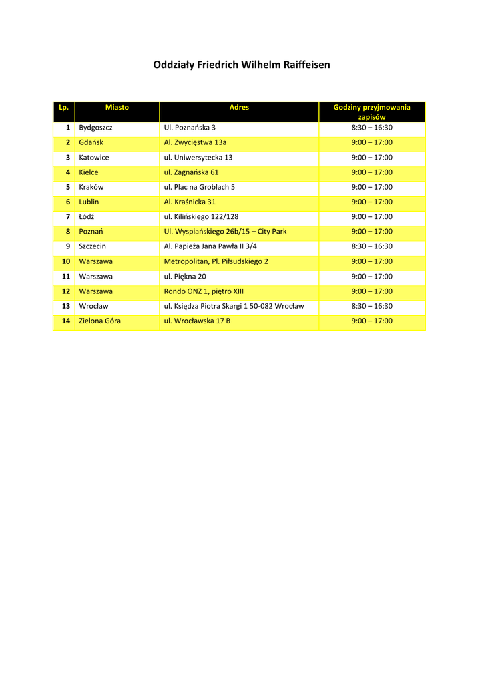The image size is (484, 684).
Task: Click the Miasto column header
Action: click(x=117, y=107)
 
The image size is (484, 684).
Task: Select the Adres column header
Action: click(x=239, y=107)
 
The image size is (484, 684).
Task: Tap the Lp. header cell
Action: click(x=64, y=107)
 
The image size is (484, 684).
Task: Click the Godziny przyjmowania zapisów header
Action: click(x=372, y=112)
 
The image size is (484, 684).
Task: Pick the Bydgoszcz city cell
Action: click(x=95, y=128)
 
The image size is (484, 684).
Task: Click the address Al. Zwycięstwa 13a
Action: click(x=195, y=142)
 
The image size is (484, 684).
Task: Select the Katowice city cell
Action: click(x=94, y=158)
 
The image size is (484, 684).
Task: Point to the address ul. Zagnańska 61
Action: click(x=191, y=172)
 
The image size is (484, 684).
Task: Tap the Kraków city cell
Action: click(x=91, y=187)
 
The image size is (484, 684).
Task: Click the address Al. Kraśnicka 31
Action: click(x=190, y=202)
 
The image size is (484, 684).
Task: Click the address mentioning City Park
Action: click(x=225, y=231)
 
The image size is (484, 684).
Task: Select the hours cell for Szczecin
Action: click(x=372, y=246)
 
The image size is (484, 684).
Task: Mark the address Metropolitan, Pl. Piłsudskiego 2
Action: click(x=216, y=261)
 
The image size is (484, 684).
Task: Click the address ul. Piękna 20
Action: click(x=185, y=276)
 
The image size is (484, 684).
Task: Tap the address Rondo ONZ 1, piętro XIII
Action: click(x=204, y=291)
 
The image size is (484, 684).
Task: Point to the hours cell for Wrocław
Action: click(x=372, y=306)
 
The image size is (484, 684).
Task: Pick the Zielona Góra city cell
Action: click(x=100, y=321)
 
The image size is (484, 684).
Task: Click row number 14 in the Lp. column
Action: click(x=66, y=321)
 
